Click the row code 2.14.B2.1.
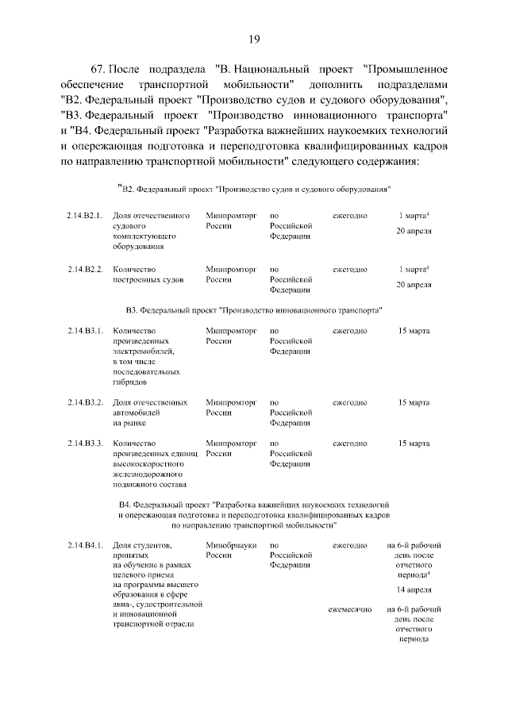pos(85,216)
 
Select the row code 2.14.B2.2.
pos(85,270)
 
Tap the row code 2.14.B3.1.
pos(85,331)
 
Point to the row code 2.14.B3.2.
pos(85,402)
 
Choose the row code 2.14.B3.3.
pos(85,443)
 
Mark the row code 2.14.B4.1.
pos(85,546)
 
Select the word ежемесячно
pos(350,609)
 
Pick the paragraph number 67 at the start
pos(98,70)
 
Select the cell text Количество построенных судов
pos(148,275)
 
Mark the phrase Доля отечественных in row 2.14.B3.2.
pos(150,402)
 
